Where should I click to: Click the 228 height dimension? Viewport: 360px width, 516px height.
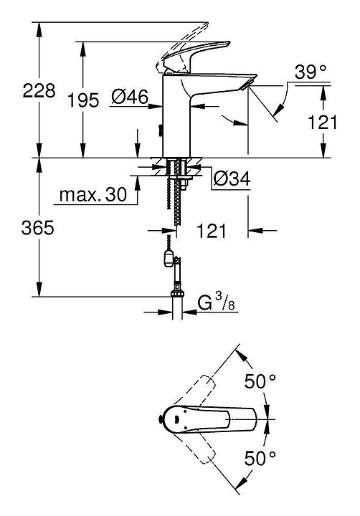click(39, 90)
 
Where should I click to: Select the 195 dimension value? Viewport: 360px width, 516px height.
click(83, 100)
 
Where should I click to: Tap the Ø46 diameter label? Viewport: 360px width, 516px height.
click(129, 97)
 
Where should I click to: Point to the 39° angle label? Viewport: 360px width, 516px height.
click(311, 72)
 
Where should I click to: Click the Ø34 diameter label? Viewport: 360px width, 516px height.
click(232, 178)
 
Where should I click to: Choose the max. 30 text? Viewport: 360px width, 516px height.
click(93, 194)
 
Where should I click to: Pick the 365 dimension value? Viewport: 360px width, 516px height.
click(37, 227)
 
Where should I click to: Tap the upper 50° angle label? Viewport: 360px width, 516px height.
click(260, 381)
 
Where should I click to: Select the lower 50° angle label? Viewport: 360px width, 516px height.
click(260, 459)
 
